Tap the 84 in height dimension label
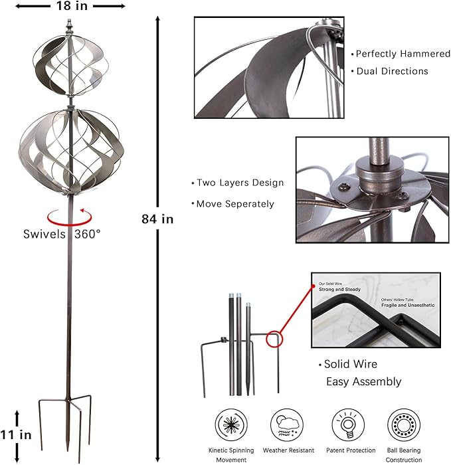(x=157, y=219)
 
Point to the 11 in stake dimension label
(x=16, y=436)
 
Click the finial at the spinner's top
(x=69, y=27)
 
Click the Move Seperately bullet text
(x=234, y=204)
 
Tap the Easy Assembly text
(x=363, y=381)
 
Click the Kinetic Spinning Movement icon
(x=230, y=423)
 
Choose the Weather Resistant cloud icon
(x=287, y=423)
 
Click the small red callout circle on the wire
(x=274, y=340)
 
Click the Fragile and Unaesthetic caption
(x=408, y=304)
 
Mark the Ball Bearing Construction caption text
(x=404, y=455)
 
